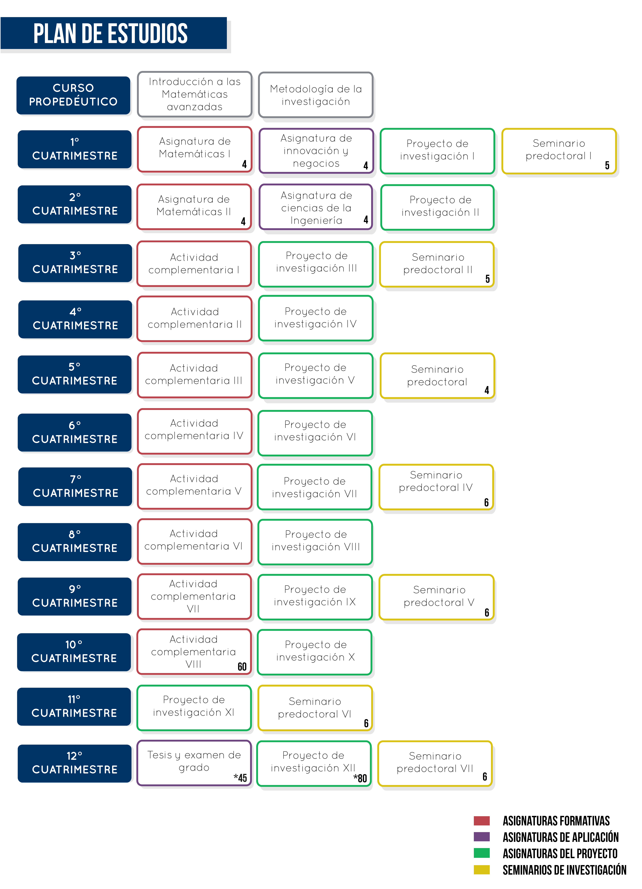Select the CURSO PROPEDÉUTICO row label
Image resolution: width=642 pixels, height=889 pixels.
[73, 95]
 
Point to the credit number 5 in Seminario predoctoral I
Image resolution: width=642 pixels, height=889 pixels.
[607, 165]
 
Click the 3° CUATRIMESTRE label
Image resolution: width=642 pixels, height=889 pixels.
[75, 263]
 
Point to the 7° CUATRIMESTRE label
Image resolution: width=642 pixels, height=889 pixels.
[75, 486]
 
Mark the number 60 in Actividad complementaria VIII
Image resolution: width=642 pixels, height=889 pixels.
[242, 667]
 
